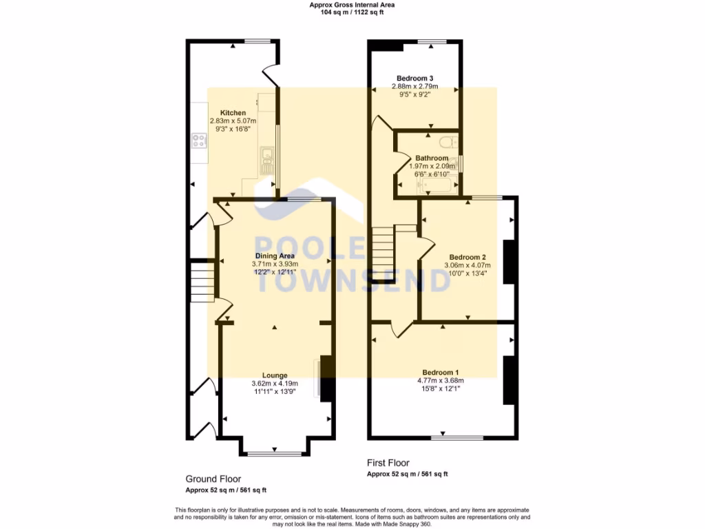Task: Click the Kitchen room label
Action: (x=233, y=113)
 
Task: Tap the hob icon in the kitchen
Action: (x=200, y=141)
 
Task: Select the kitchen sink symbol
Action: (x=266, y=159)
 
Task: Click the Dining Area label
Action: (x=275, y=256)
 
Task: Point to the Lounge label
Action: (x=275, y=375)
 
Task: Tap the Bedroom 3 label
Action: (x=414, y=78)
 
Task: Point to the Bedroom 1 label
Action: (x=440, y=372)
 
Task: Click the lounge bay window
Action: (x=274, y=453)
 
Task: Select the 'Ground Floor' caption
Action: (x=213, y=479)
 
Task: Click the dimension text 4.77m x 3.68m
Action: (x=440, y=380)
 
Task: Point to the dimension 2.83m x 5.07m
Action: (x=233, y=121)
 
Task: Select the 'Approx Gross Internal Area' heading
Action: (x=352, y=5)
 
